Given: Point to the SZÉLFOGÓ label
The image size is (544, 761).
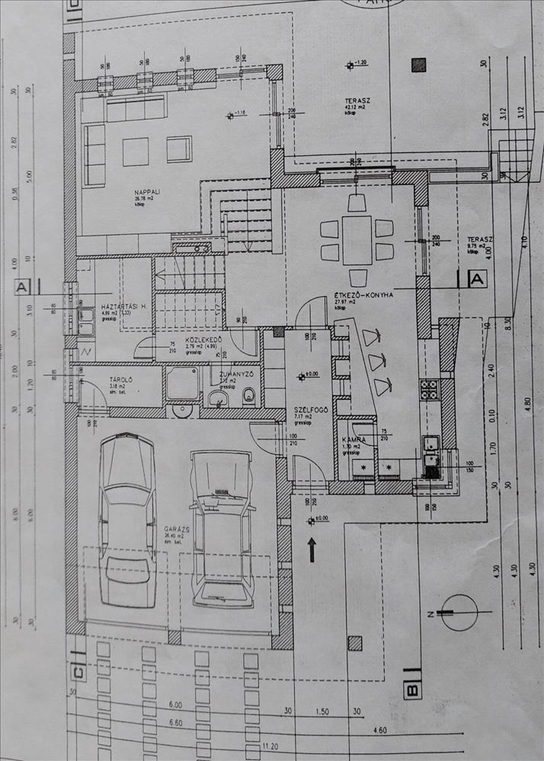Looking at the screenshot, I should coord(311,410).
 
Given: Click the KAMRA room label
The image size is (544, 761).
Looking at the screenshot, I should coord(353,440).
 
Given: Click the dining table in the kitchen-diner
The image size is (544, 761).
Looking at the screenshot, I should coord(357,239).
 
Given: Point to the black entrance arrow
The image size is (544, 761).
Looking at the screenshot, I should coord(312,549).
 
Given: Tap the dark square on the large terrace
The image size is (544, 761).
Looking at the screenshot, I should coord(418,65).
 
